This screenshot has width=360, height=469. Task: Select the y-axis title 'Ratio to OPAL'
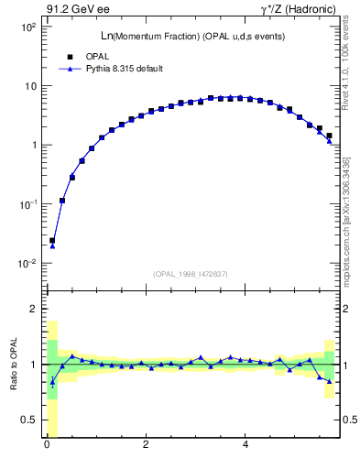coord(14,365)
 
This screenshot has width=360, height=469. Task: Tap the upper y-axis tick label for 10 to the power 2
coord(28,27)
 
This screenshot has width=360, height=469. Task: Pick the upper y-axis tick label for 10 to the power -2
coord(28,263)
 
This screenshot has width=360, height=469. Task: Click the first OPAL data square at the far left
coord(52,241)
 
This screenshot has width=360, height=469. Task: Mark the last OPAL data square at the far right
coord(329,136)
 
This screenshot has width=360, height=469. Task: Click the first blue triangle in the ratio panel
coord(52,383)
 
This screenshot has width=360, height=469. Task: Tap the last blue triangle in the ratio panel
coord(329,381)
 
